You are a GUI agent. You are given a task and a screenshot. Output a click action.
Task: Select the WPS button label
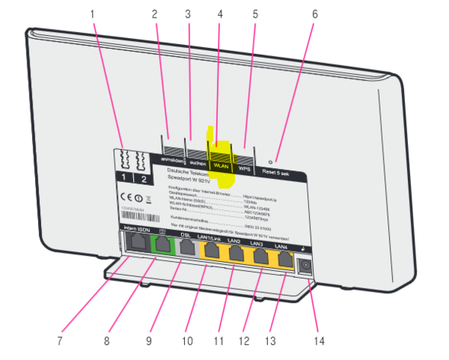(x=244, y=166)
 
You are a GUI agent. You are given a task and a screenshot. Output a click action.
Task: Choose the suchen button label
(x=196, y=162)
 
